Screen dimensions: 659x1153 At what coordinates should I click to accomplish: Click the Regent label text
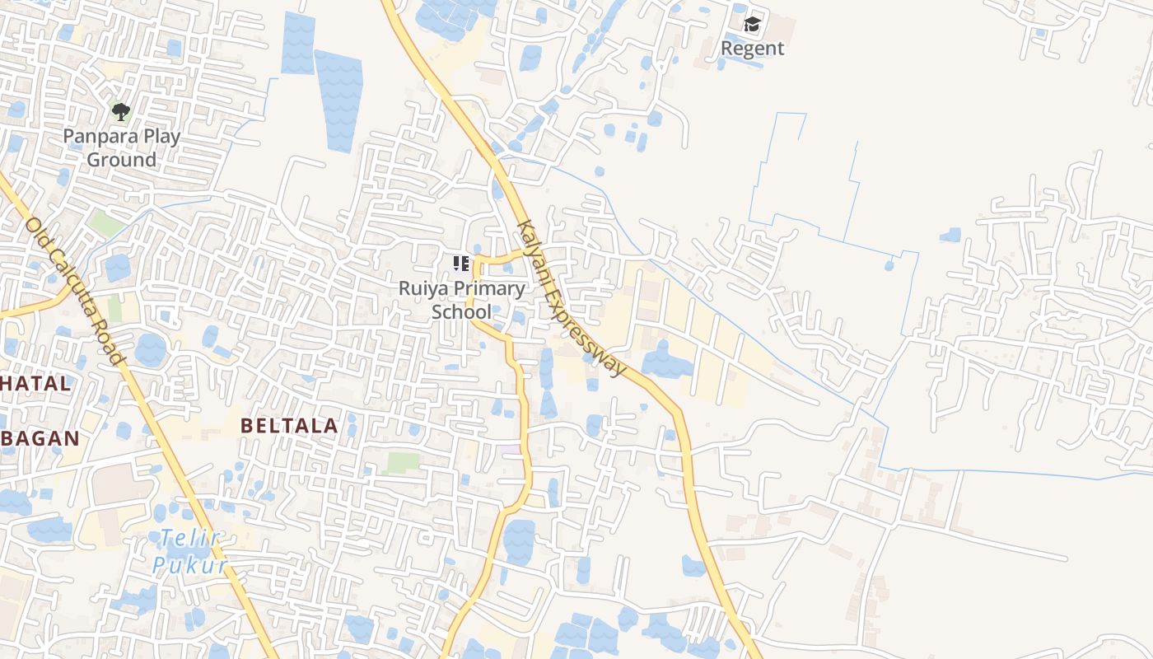pos(752,48)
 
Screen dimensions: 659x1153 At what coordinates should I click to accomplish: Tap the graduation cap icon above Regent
pos(752,25)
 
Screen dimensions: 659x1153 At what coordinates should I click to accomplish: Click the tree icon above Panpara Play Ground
pos(121,111)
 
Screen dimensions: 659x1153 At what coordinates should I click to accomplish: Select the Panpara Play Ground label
pos(122,148)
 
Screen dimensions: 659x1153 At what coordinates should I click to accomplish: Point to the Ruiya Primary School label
pos(461,300)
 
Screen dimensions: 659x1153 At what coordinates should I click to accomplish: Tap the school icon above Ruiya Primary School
pos(461,264)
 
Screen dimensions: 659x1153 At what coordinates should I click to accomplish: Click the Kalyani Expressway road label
pos(571,298)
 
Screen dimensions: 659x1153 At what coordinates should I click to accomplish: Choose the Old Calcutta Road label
pos(74,291)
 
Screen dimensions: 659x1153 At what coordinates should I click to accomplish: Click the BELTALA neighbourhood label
pos(289,426)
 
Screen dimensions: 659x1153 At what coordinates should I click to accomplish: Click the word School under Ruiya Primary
pos(461,312)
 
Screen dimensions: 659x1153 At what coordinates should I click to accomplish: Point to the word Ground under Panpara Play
pos(122,160)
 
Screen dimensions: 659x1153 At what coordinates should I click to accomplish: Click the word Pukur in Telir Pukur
pos(189,565)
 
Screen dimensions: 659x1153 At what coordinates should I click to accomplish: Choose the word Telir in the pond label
pos(190,539)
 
